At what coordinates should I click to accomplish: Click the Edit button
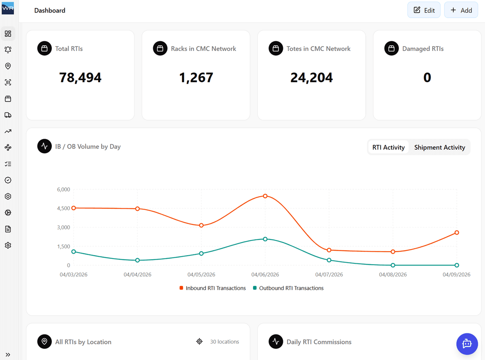tap(424, 10)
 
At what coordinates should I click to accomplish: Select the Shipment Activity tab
tap(439, 147)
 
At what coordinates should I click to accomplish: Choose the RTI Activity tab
tap(388, 147)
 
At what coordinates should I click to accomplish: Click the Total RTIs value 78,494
tap(80, 77)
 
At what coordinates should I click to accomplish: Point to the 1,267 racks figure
tap(196, 77)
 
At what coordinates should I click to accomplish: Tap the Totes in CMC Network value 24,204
tap(312, 77)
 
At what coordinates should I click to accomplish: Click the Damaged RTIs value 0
tap(427, 77)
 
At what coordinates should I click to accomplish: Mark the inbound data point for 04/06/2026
tap(265, 196)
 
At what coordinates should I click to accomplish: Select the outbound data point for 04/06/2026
tap(265, 239)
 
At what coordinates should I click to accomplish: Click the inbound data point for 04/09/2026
tap(457, 233)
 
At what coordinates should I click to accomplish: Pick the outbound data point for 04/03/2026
tap(74, 252)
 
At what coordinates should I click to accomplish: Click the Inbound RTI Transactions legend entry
tap(213, 288)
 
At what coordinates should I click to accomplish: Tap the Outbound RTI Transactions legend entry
tap(288, 288)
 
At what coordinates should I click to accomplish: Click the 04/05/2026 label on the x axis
tap(201, 275)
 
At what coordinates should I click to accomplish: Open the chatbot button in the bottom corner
tap(467, 344)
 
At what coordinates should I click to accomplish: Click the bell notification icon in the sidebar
tap(8, 50)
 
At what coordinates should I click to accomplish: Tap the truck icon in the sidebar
tap(8, 115)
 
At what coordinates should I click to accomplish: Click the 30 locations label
tap(224, 342)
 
